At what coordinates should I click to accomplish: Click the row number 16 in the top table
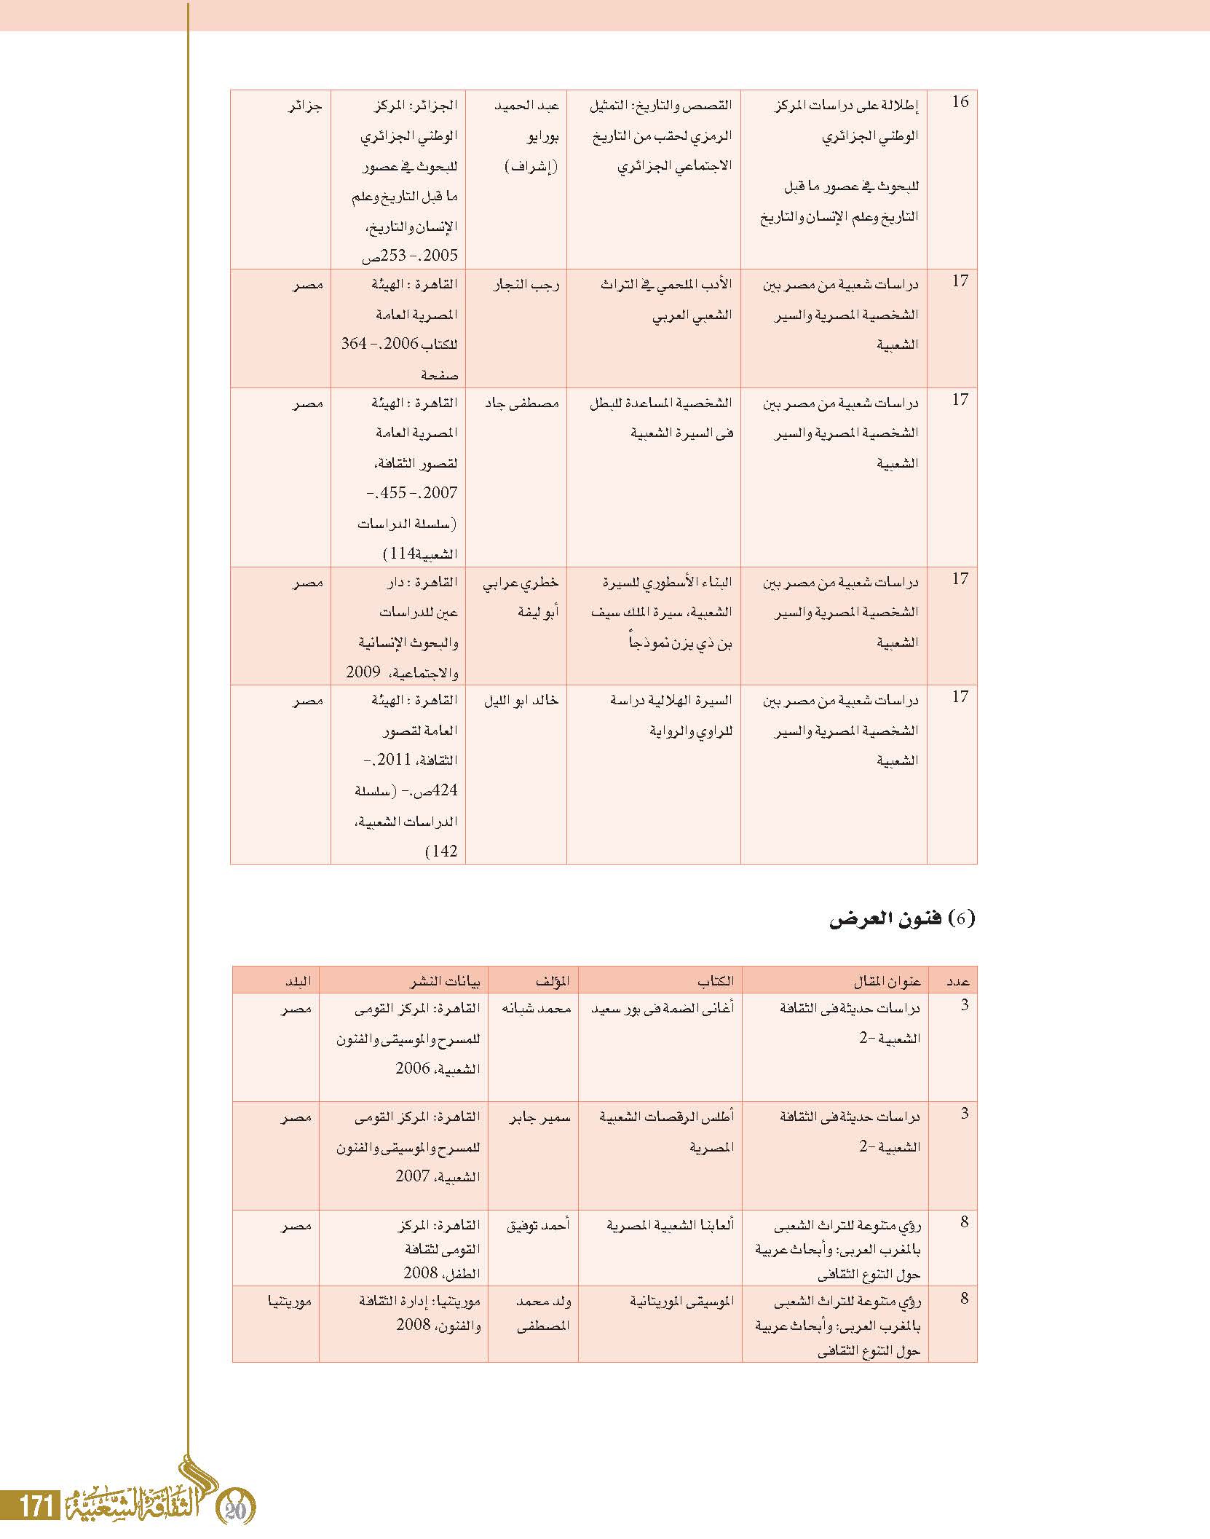coord(960,102)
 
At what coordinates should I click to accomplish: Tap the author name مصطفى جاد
coord(522,403)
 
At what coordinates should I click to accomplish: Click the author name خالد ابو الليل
coord(521,701)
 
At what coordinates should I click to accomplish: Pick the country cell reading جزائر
coord(305,106)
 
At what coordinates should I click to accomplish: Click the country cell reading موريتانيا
coord(290,1299)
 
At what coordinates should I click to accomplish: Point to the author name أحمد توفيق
coord(538,1225)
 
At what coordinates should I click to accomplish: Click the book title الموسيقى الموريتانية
coord(681,1300)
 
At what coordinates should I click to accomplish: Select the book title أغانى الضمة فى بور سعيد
coord(662,1009)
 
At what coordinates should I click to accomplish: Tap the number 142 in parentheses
coord(442,851)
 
